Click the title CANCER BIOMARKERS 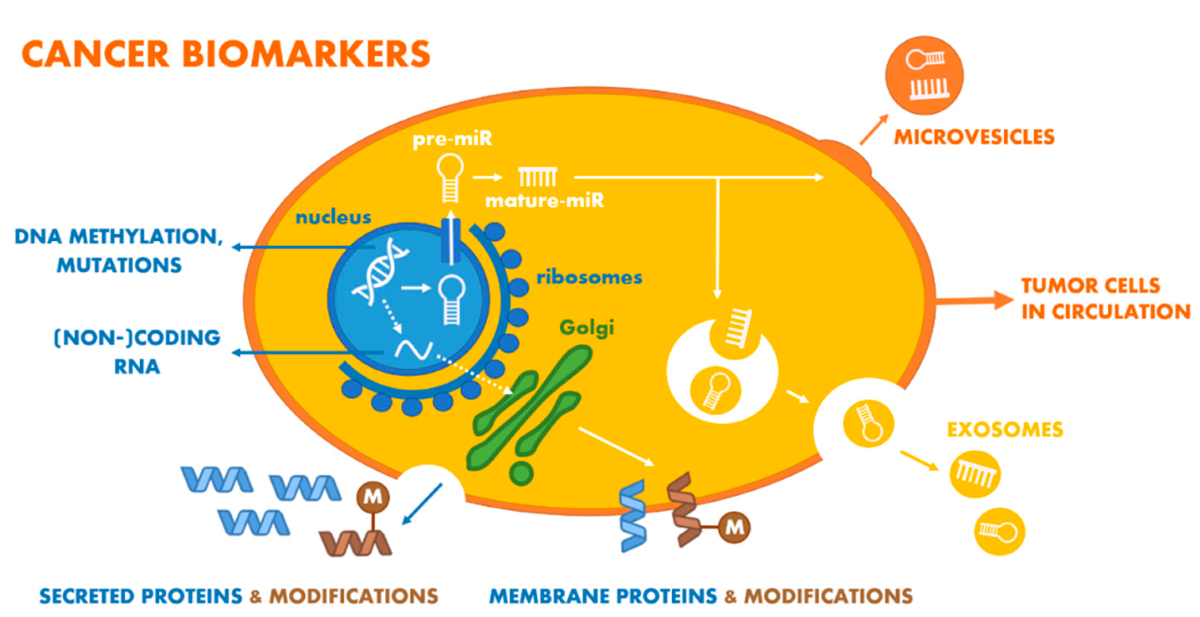point(225,54)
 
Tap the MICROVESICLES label point(974,137)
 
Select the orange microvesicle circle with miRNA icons point(924,75)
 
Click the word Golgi point(586,328)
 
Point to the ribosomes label point(589,278)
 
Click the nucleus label point(333,217)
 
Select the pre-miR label point(452,139)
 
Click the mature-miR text point(545,201)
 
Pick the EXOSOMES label point(1005,430)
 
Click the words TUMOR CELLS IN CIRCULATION point(1104,298)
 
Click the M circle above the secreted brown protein point(373,497)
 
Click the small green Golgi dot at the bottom point(521,474)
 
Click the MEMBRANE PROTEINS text point(603,596)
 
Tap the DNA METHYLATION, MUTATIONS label point(119,250)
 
